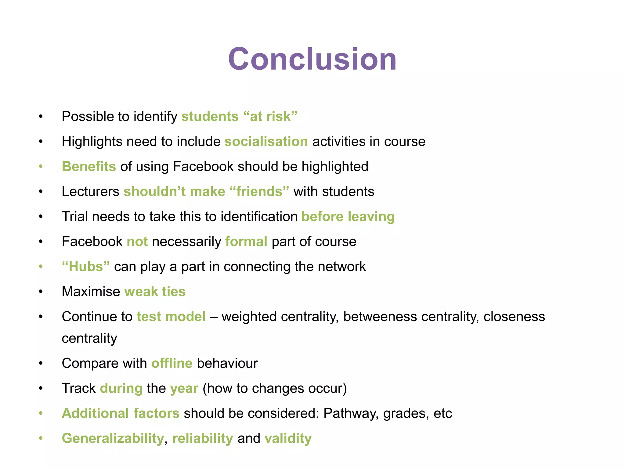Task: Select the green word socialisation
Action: tap(266, 142)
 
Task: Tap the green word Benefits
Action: tap(89, 167)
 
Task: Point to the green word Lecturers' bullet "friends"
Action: tap(259, 192)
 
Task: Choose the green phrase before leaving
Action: tap(348, 217)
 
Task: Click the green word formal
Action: tap(246, 242)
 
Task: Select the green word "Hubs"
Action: tap(86, 267)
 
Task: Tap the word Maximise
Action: tap(91, 292)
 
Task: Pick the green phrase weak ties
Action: tap(155, 292)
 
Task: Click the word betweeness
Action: tap(380, 317)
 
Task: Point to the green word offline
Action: tap(172, 364)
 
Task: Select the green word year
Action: tap(184, 389)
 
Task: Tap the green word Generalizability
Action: tap(113, 439)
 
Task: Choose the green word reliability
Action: tap(203, 439)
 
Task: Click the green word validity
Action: tap(288, 439)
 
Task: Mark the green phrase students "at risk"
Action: tap(239, 117)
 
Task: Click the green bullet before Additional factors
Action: tap(41, 414)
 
